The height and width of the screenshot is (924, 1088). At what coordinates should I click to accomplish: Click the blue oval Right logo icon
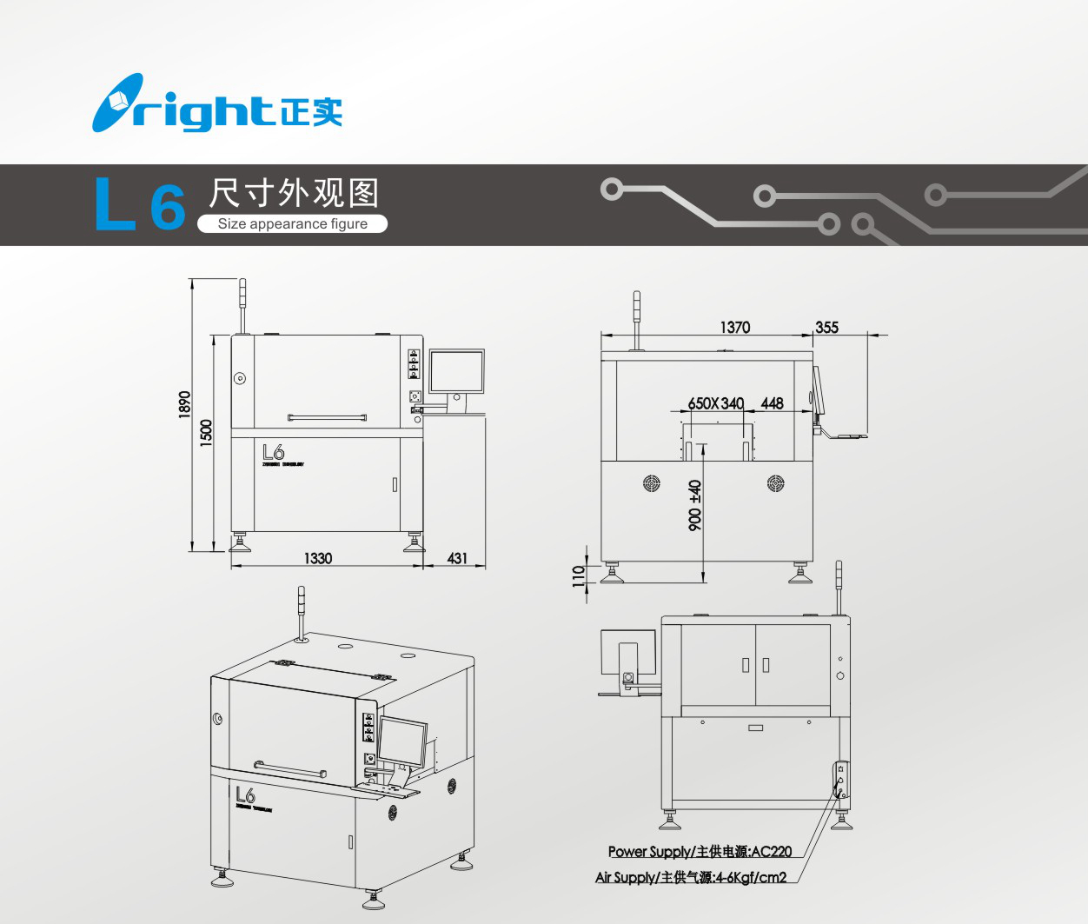117,103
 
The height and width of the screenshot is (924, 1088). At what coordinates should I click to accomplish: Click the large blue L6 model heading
139,205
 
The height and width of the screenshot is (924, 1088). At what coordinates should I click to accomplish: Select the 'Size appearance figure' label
292,224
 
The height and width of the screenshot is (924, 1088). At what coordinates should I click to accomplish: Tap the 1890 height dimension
184,404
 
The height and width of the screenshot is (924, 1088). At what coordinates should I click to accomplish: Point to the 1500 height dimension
206,433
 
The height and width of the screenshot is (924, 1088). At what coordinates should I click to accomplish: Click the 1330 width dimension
318,558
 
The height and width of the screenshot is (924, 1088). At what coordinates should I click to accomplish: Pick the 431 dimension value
457,558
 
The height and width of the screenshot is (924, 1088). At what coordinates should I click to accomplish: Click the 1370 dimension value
734,327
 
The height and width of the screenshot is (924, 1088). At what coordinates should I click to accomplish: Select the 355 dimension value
826,327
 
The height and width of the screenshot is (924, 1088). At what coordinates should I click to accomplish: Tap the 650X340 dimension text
716,403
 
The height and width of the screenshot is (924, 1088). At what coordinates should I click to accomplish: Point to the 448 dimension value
772,403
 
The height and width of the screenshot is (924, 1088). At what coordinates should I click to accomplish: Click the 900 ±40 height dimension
695,506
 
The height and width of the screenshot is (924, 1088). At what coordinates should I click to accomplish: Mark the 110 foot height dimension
579,576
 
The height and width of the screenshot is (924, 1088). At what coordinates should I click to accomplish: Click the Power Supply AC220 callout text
700,852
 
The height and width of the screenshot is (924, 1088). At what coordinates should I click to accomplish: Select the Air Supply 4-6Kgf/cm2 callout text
691,878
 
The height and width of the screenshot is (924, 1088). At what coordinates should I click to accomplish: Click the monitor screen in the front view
457,371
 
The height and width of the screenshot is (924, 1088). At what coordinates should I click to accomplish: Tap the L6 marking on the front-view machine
274,452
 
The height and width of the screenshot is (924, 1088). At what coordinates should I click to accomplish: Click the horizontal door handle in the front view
327,417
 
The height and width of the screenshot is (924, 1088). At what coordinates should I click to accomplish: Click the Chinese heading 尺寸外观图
294,193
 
